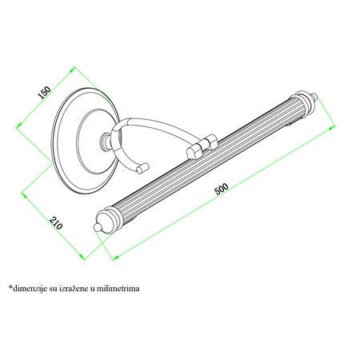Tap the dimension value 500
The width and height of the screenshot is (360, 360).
pyautogui.click(x=221, y=190)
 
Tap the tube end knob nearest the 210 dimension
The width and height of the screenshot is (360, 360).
pyautogui.click(x=99, y=225)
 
